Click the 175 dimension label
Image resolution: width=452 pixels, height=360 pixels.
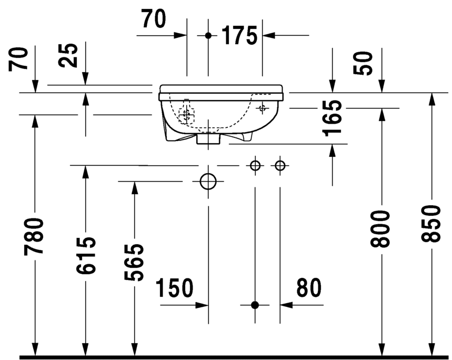coord(239,35)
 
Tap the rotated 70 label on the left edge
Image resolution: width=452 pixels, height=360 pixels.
coord(19,59)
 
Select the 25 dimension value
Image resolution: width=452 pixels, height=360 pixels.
coord(68,55)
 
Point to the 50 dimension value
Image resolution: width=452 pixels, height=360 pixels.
coord(363,63)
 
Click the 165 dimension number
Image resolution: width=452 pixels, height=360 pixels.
coord(333,118)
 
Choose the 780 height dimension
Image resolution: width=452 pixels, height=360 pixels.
coord(34,237)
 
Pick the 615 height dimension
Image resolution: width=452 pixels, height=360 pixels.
coord(85,255)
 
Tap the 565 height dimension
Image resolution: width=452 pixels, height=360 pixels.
coord(134,262)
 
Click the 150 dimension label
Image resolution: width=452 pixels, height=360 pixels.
coord(175,288)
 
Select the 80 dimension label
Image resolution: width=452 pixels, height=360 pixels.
coord(309,288)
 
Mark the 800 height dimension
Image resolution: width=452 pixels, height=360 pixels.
coord(380,229)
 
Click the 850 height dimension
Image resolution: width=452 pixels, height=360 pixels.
coord(430,224)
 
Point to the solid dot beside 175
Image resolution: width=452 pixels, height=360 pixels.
coord(208,35)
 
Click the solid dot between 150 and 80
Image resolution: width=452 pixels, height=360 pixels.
coord(255,305)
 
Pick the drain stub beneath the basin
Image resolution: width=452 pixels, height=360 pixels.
coord(208,138)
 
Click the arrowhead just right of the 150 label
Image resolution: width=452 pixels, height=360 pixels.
coord(202,305)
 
